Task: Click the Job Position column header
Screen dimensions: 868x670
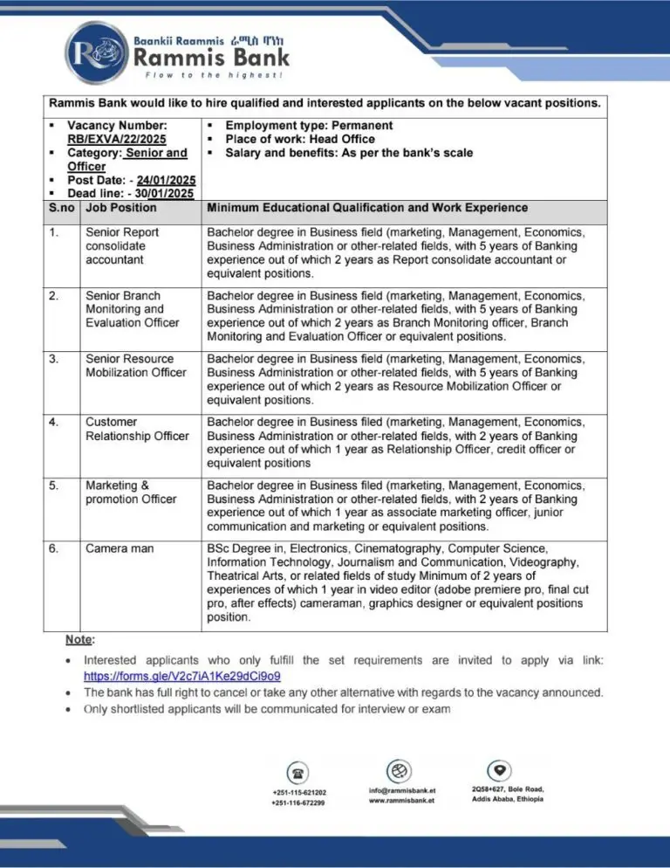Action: tap(121, 208)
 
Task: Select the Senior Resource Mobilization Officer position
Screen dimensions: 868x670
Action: tap(135, 365)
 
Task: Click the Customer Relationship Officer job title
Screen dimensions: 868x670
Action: tap(136, 429)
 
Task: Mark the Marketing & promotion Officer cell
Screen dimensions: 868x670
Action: tap(131, 492)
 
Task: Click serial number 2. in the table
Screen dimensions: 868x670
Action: tap(56, 295)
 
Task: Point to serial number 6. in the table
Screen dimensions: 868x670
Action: tap(56, 548)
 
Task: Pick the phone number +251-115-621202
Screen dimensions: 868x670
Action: tap(299, 792)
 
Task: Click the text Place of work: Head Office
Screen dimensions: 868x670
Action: tap(300, 139)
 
